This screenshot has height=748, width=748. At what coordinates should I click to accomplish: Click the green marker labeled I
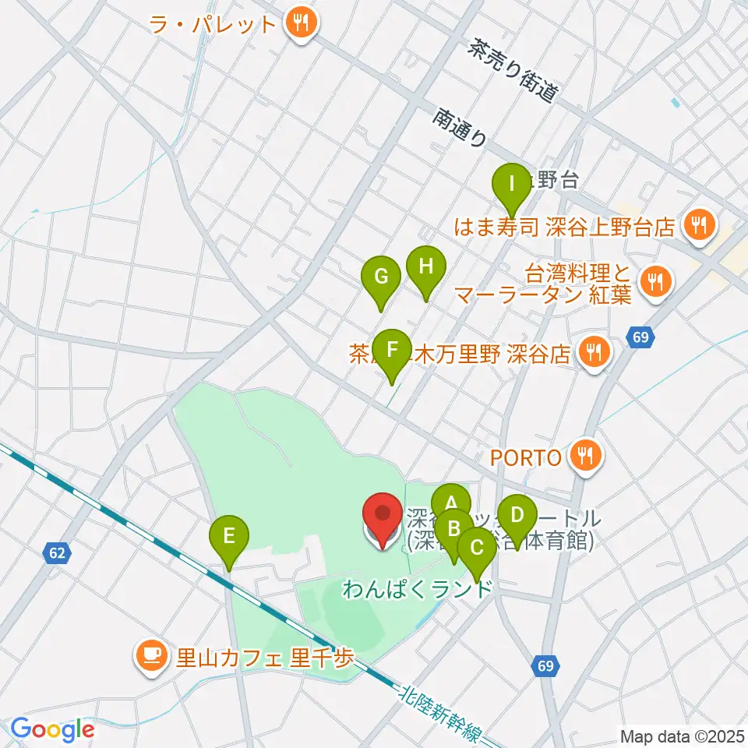coord(512,186)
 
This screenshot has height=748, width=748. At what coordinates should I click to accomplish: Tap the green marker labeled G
coord(381,278)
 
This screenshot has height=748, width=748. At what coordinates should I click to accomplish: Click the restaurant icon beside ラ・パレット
coord(300,23)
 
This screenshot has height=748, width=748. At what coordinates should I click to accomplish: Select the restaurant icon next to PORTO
coord(585,457)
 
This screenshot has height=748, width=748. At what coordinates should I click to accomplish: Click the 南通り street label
coord(461,128)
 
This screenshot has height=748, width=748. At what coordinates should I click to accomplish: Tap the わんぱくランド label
coord(418,588)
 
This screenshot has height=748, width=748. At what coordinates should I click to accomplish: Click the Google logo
coord(53,729)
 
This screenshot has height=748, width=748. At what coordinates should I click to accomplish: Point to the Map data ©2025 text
coord(682,735)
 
